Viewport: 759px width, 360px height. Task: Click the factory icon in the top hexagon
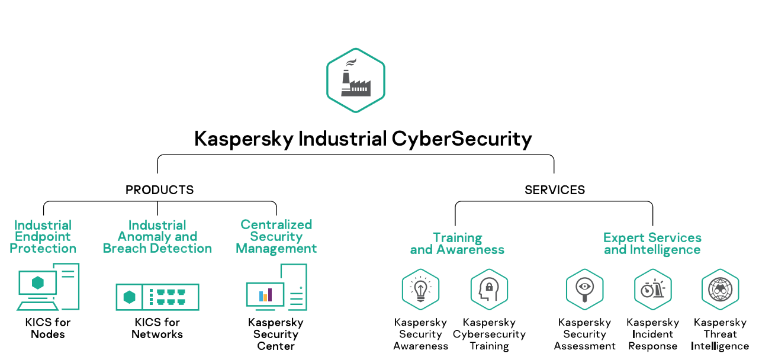(355, 79)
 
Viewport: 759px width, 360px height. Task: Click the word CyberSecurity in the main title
(462, 139)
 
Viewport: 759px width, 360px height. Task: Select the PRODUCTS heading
(159, 190)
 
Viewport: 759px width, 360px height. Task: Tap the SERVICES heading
(555, 190)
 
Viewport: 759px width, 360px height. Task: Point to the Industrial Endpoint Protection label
(43, 237)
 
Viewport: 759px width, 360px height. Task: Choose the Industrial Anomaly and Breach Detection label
(157, 237)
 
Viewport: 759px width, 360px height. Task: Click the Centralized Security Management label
(276, 236)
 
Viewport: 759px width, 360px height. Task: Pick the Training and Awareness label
(457, 243)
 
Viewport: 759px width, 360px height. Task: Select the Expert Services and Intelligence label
(652, 243)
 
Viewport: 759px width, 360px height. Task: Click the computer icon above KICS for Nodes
(48, 287)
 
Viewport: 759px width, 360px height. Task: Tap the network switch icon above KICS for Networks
(157, 297)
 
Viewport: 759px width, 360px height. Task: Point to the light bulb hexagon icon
(420, 289)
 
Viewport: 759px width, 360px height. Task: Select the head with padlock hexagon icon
(489, 289)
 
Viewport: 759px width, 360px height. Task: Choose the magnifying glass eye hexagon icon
(584, 289)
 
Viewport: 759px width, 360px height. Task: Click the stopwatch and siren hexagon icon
(652, 289)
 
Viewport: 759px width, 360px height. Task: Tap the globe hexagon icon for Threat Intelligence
(720, 289)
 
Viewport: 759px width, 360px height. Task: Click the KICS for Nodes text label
(48, 328)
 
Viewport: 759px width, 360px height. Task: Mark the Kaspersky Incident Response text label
(652, 334)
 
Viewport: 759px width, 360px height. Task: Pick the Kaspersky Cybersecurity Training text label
(489, 334)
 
